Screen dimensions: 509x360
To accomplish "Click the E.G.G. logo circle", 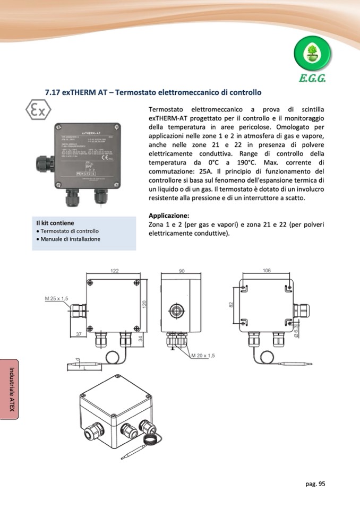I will coord(312,55).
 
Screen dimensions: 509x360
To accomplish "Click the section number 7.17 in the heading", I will coord(52,92).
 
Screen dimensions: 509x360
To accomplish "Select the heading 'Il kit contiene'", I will coord(55,223).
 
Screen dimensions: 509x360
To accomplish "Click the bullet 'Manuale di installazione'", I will coord(70,239).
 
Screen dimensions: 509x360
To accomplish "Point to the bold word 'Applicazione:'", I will coord(169,215).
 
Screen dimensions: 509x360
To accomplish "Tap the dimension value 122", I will coord(115,271).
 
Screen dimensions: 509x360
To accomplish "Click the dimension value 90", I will coord(181,271).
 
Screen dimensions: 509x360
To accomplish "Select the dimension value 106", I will coord(267,271).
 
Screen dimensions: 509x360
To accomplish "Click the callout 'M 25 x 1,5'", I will coord(57,299).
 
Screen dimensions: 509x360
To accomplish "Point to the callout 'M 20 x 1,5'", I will coord(203,355).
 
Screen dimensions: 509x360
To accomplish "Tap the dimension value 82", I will coord(232,305).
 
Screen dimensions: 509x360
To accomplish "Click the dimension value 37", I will coord(78,334).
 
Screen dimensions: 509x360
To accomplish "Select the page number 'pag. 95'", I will coord(315,484).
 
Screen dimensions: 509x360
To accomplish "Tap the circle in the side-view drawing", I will coord(175,310).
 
